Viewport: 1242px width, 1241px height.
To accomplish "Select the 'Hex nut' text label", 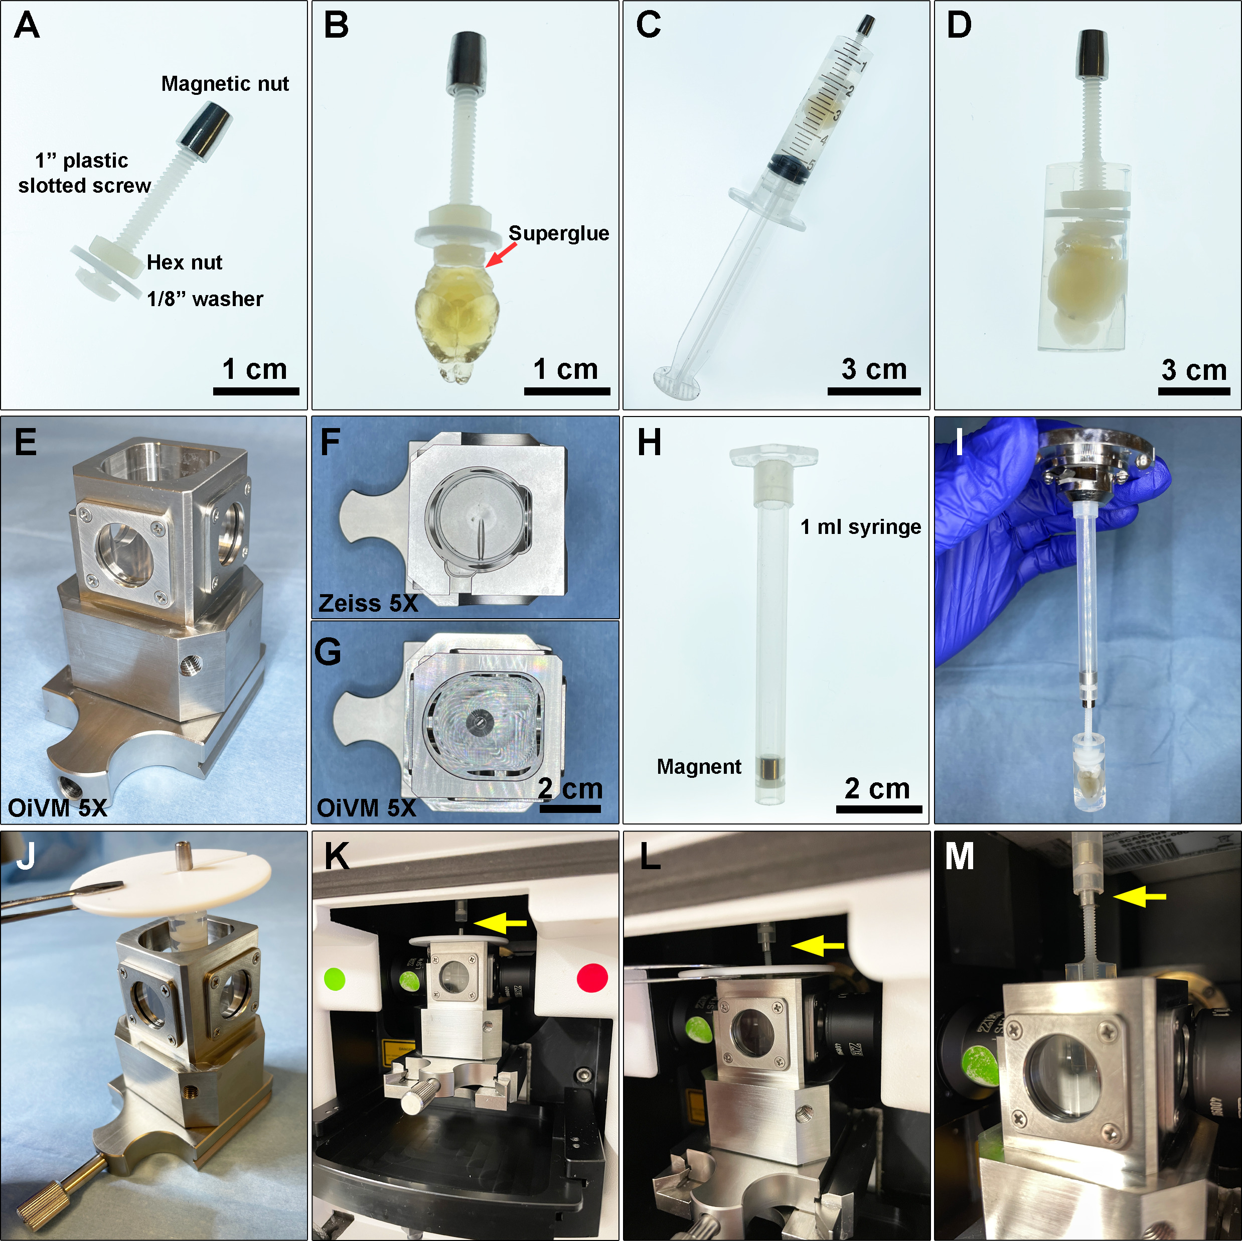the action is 185,262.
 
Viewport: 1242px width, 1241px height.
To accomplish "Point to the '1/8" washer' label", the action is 205,299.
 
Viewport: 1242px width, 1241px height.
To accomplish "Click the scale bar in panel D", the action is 1194,390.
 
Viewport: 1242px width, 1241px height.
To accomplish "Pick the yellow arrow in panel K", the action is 500,923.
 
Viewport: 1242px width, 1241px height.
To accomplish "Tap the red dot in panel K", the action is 592,978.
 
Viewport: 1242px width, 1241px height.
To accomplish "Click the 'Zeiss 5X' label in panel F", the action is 368,603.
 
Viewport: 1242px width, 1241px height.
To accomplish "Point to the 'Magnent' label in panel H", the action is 699,766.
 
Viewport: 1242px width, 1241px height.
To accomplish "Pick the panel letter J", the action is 25,857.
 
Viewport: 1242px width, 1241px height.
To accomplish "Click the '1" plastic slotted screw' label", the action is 85,173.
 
